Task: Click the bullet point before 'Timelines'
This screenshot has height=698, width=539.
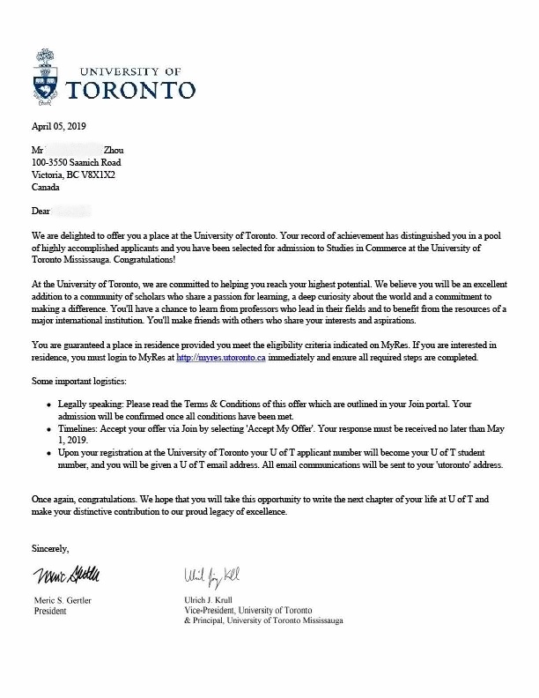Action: pos(58,428)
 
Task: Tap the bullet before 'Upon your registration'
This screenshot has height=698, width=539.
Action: pos(58,452)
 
